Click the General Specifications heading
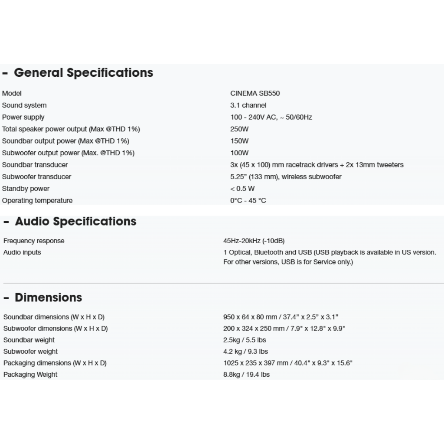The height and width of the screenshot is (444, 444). point(83,73)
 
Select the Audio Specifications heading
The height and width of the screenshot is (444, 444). point(75,222)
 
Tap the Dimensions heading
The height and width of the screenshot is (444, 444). point(48,297)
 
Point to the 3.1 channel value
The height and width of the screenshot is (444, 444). point(248,105)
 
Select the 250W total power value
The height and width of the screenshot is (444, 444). point(239,129)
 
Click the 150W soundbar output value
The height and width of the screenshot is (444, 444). point(239,141)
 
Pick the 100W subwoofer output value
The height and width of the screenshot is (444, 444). point(239,153)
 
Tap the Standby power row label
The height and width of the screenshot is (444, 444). point(26,189)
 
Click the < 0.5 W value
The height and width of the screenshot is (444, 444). point(242,189)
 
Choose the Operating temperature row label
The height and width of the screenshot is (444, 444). point(37,201)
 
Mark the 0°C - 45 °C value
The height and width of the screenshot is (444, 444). point(248,201)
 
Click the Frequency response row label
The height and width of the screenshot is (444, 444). point(34,241)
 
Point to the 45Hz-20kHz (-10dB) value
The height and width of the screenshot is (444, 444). point(254,241)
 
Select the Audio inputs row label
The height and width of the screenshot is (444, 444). point(22,252)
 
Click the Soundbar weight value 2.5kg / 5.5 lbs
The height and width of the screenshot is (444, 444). point(245,340)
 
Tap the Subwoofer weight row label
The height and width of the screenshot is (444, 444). point(30,352)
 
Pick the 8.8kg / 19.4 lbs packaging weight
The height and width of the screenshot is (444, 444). point(246,375)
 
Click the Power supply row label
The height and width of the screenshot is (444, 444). point(23,117)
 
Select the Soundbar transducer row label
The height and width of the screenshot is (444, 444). point(35,165)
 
